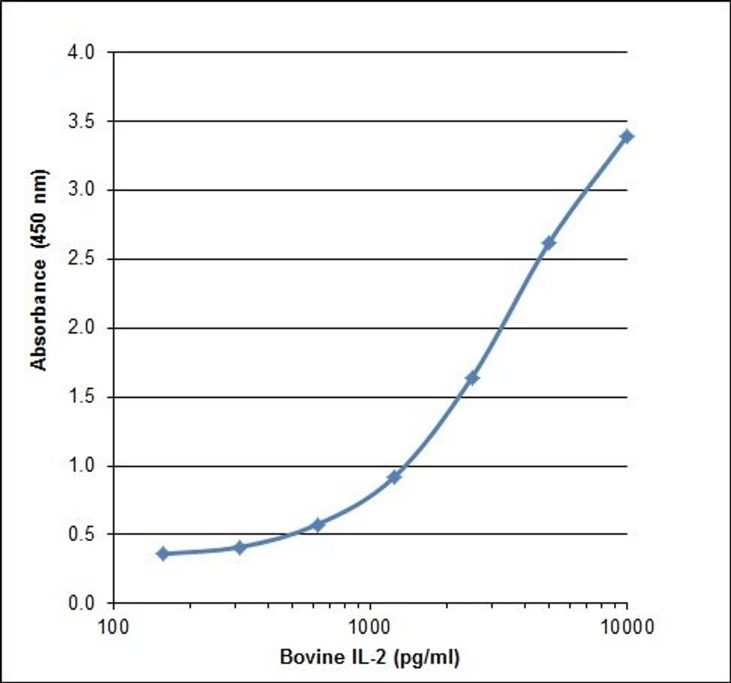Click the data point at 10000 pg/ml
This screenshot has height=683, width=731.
(x=627, y=136)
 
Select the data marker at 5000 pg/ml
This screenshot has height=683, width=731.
(x=549, y=242)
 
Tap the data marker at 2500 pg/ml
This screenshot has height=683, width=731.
(x=472, y=378)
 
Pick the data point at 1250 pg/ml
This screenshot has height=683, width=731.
(x=395, y=477)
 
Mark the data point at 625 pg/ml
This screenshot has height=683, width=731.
(x=317, y=525)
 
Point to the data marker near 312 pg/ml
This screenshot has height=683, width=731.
(x=240, y=547)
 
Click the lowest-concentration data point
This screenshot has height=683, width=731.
(x=162, y=554)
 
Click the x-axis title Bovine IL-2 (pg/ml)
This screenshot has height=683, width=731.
(x=370, y=657)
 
